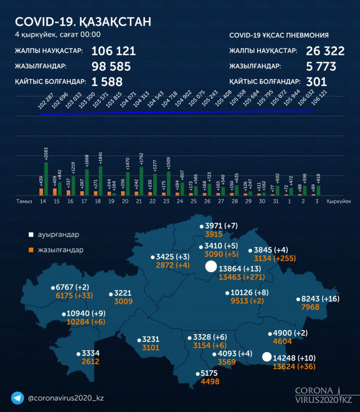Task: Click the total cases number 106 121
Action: [113, 52]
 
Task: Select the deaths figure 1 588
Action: [107, 81]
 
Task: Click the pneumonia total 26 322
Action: [325, 52]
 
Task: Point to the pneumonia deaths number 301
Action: [317, 81]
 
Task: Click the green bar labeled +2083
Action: [46, 179]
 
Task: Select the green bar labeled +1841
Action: [101, 180]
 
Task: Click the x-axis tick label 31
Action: [276, 201]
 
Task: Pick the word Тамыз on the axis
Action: [24, 201]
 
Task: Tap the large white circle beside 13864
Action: [211, 267]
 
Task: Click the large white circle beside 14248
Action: [267, 357]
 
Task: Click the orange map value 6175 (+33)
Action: [74, 295]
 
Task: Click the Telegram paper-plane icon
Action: [18, 397]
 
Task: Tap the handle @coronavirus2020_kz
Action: [66, 398]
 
